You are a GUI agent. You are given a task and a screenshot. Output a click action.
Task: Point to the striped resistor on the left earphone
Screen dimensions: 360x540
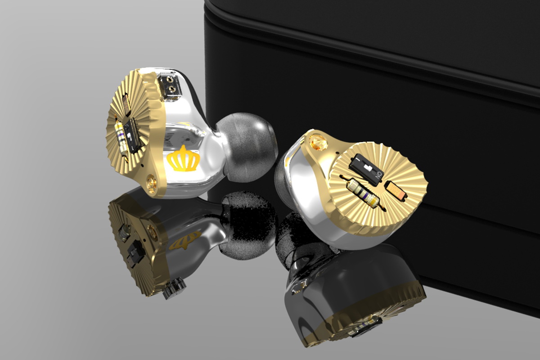(120, 138)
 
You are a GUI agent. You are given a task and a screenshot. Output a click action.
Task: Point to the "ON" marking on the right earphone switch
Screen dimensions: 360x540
(379, 174)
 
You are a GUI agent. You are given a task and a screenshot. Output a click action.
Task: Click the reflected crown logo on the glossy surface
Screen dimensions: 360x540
(184, 241)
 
